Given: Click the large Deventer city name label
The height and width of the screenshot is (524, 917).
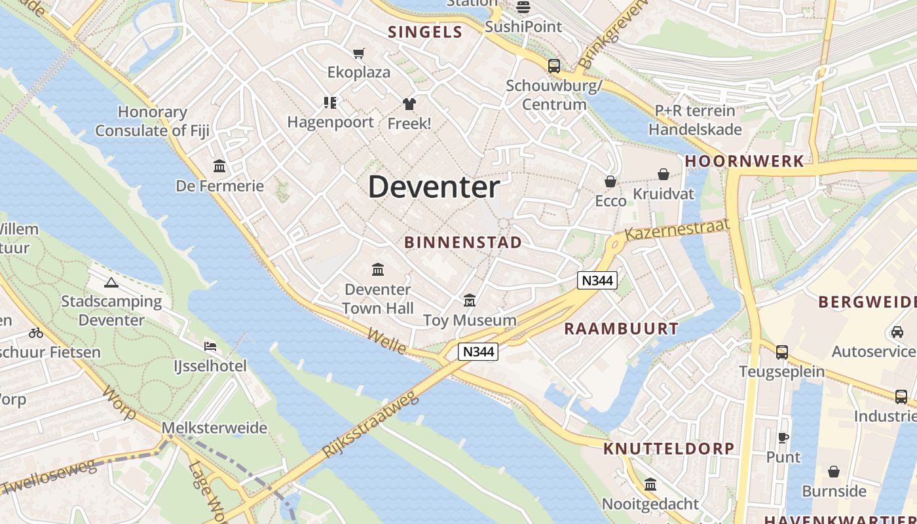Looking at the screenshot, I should coord(434,187).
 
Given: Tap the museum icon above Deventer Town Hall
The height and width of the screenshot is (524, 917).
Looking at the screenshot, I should coord(378,269).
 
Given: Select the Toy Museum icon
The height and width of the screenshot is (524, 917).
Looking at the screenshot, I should coord(470,301).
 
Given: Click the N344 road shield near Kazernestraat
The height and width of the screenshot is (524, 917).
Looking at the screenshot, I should coord(597,280).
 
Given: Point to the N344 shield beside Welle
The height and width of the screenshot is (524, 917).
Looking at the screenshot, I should coord(478,352).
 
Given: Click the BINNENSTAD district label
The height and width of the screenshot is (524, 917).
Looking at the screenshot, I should coord(463,242).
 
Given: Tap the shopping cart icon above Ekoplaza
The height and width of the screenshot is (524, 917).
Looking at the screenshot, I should coord(358,53).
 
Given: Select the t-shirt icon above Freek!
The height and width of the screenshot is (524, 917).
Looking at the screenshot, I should coord(409,103).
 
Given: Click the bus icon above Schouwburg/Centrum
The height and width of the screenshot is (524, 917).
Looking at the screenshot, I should coord(554,65).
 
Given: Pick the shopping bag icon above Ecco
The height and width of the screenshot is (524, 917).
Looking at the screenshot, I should coord(610,181).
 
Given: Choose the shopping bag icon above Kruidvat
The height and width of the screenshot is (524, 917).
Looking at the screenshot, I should coord(664,174).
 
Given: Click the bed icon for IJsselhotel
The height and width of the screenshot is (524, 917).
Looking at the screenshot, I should coord(210,346).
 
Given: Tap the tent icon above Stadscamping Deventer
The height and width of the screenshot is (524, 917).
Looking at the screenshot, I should coord(111,283).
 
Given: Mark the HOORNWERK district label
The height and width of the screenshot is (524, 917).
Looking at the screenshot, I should coord(744,161).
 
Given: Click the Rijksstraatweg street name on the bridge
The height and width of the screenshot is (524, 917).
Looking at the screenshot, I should coord(370,425).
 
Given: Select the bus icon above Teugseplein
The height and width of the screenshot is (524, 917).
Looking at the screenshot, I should coord(782,352).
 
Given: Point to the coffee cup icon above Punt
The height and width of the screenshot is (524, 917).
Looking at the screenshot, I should coord(783,438).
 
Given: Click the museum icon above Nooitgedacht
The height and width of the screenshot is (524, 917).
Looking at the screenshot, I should coord(650,485).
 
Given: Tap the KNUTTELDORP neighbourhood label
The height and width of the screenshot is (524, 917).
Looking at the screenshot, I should coord(669,449).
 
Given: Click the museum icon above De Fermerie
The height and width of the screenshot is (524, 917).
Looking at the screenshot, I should coord(219,166).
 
